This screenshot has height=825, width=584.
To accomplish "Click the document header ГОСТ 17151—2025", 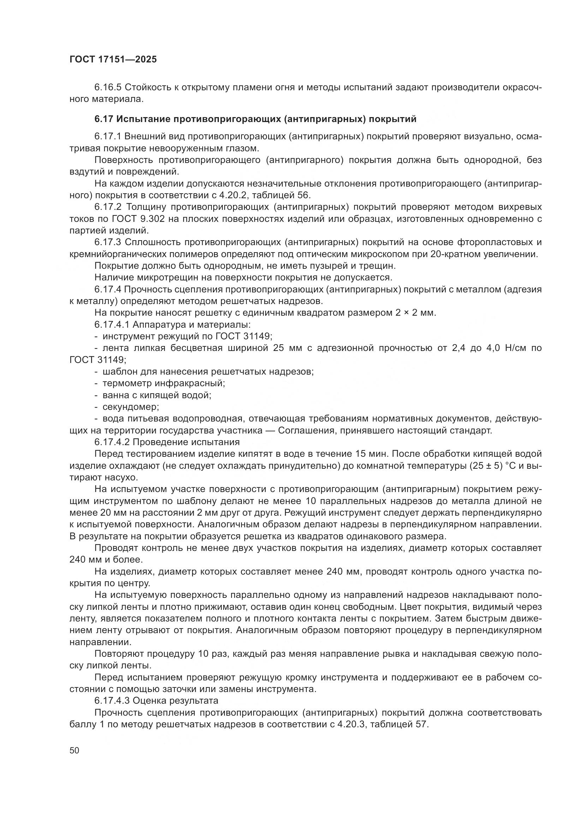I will [x=113, y=60].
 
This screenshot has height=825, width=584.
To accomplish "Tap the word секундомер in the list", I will [x=131, y=407].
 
